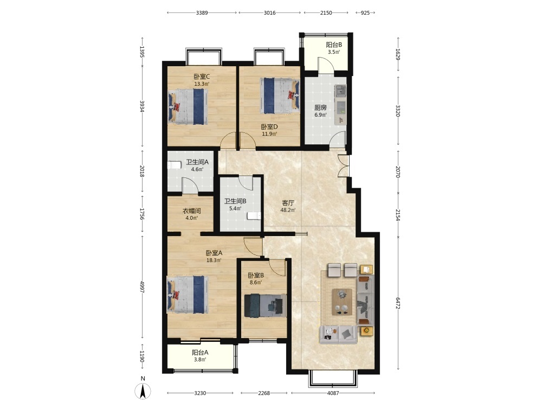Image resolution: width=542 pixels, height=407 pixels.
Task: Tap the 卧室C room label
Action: [x=202, y=77]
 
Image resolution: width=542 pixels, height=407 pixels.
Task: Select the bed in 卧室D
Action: [x=280, y=96]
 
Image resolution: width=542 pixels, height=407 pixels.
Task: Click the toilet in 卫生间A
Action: [x=174, y=165]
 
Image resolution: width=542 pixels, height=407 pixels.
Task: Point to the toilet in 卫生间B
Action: [x=254, y=216]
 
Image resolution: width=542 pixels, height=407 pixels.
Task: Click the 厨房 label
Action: [x=320, y=107]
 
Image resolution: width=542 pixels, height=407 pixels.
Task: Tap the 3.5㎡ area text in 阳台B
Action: [x=334, y=52]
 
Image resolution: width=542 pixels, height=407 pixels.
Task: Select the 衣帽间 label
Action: [x=192, y=211]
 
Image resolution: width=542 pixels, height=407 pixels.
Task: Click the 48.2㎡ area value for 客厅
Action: [x=288, y=210]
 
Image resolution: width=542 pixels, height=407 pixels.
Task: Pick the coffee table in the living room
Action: [x=342, y=302]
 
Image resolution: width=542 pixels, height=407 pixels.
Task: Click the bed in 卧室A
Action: [x=188, y=294]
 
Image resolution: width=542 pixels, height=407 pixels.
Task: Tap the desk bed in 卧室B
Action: [x=266, y=306]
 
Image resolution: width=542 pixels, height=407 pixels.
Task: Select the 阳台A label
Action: [x=200, y=352]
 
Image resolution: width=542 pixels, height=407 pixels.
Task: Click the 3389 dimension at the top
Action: [x=202, y=13]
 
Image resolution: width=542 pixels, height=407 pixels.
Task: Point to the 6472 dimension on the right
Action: [x=398, y=303]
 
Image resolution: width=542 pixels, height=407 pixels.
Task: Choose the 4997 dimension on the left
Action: [x=141, y=287]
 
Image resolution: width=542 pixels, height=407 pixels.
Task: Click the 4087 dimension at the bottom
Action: [x=333, y=393]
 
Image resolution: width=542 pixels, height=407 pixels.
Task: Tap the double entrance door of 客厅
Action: [x=343, y=166]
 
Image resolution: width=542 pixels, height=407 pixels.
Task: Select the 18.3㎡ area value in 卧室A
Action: [x=214, y=260]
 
